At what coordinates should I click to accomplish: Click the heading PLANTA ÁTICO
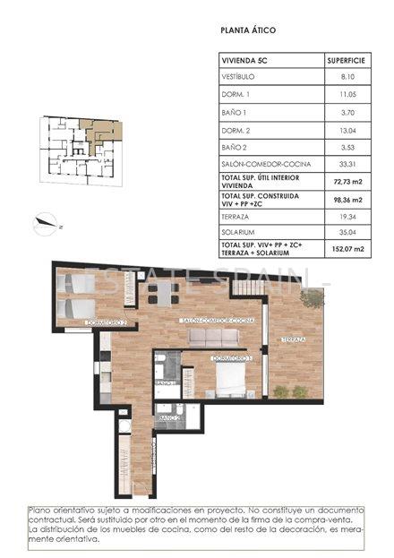(248, 30)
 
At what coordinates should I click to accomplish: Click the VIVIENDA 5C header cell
(244, 61)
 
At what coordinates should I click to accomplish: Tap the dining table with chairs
(161, 294)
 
